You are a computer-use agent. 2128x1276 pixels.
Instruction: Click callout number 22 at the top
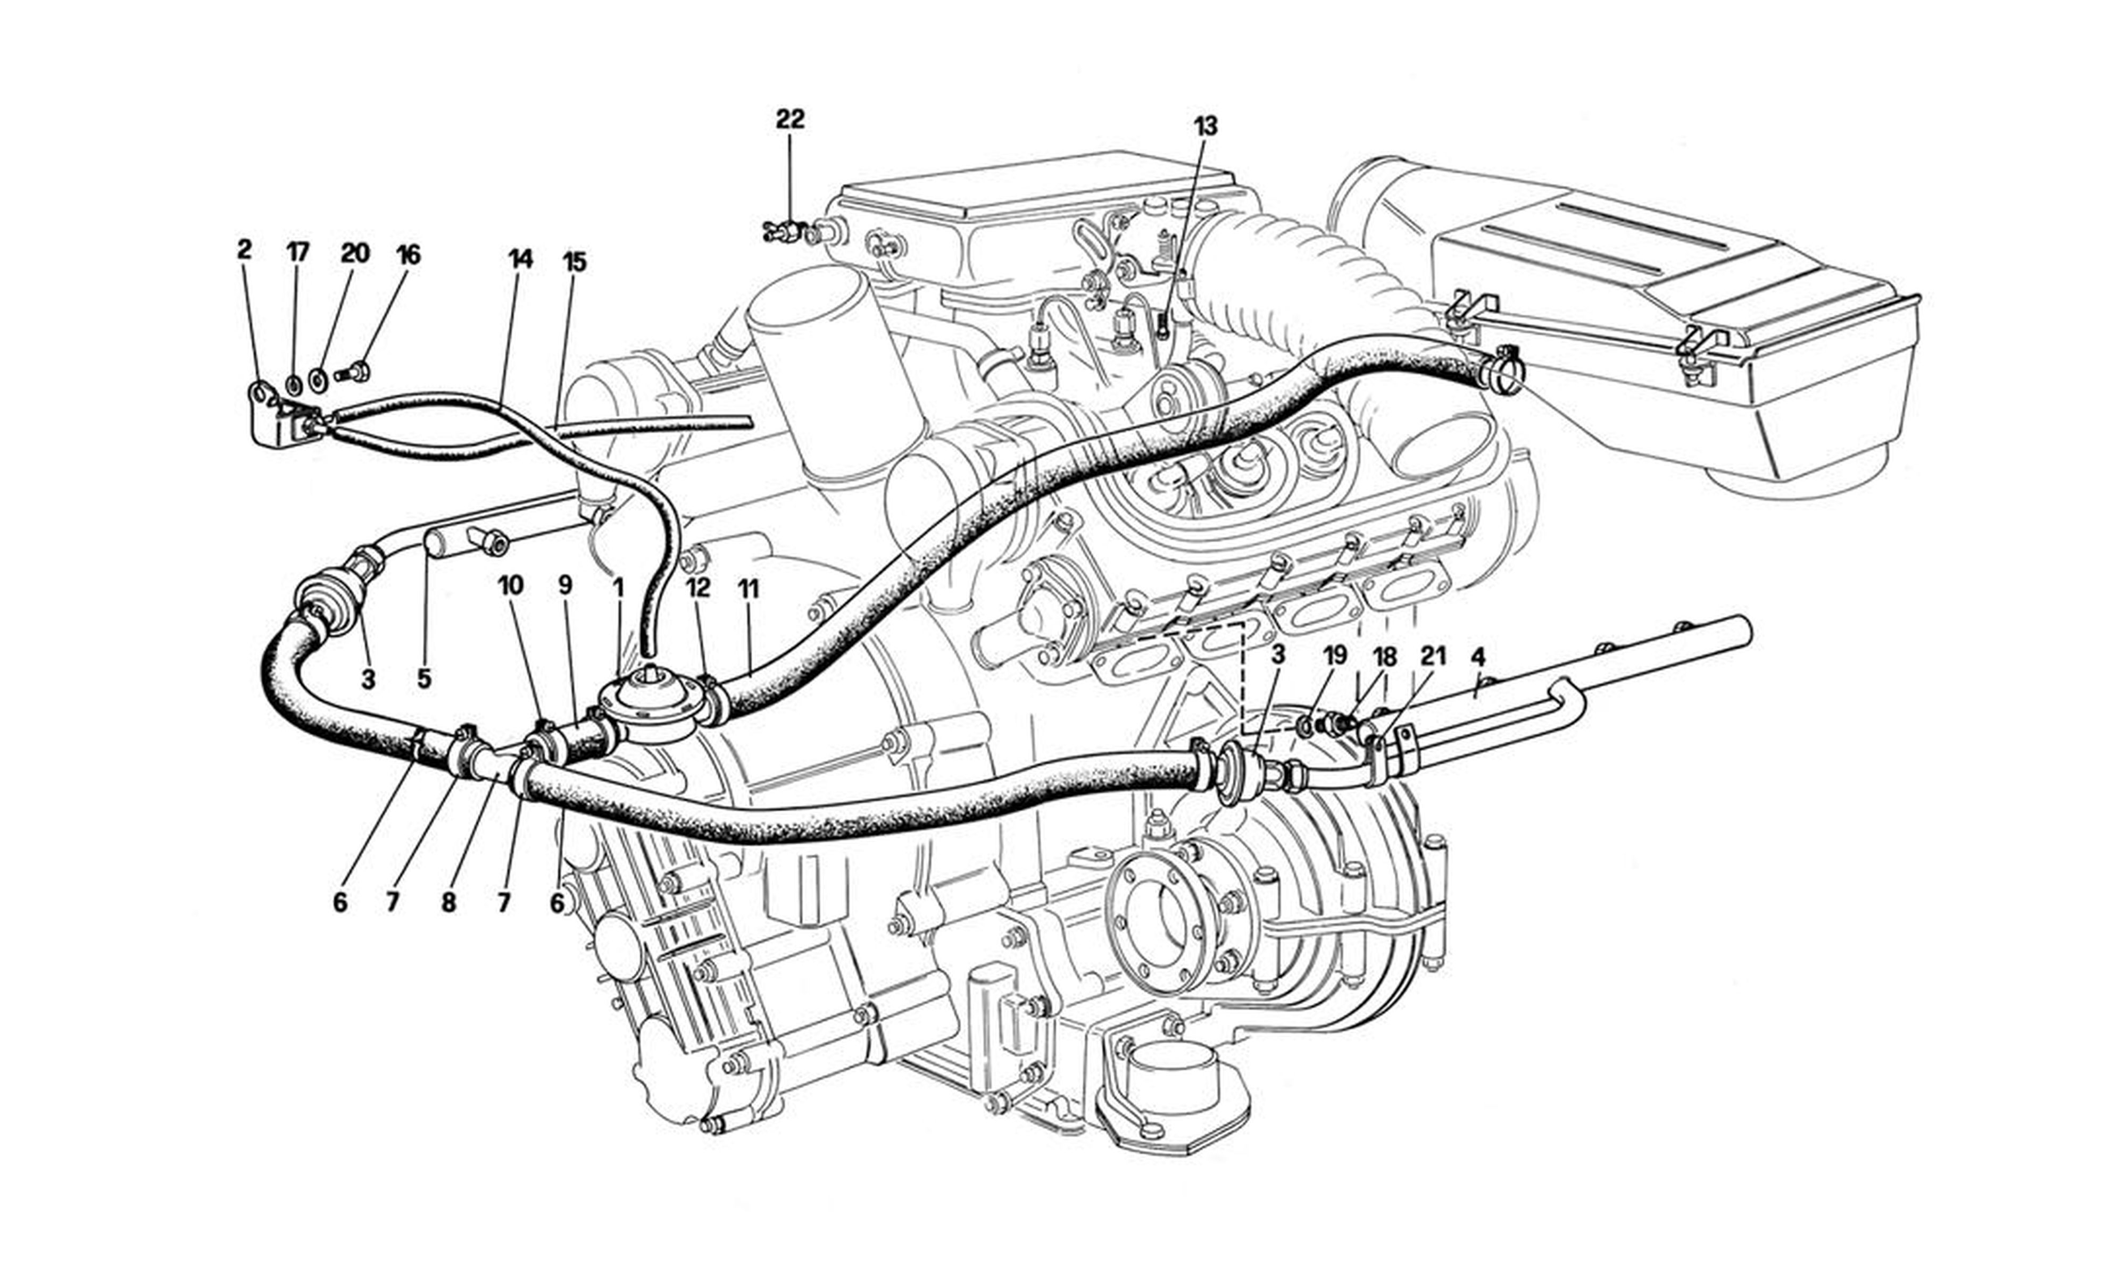(789, 120)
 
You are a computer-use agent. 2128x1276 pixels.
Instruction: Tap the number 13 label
(1205, 127)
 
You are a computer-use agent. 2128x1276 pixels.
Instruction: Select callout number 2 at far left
(244, 250)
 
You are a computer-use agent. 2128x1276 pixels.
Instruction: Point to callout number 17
(297, 252)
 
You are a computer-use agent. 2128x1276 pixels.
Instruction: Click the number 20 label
(354, 253)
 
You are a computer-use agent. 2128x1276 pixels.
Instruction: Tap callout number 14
(520, 259)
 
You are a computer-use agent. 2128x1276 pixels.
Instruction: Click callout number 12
(699, 588)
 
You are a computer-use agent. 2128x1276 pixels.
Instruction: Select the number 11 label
(749, 589)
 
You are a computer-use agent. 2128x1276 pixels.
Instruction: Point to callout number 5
(423, 679)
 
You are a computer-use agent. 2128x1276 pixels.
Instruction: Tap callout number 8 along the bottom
(448, 903)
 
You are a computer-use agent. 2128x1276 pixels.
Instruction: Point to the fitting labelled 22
(783, 230)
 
